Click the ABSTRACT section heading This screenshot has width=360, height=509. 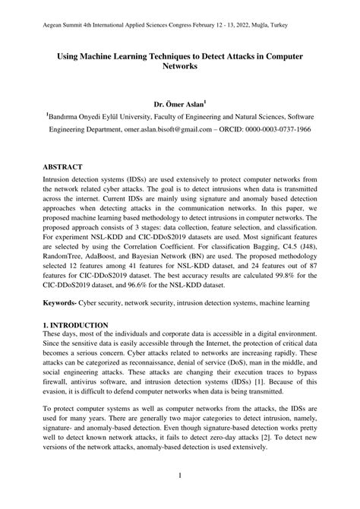[x=64, y=166]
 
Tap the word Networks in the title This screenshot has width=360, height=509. [x=180, y=67]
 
